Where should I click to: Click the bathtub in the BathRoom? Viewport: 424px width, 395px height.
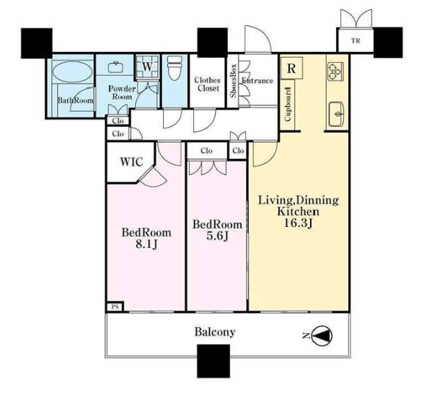pos(71,72)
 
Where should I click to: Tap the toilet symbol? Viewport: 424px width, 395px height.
pos(175,68)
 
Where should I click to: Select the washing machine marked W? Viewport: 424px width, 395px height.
pos(147,67)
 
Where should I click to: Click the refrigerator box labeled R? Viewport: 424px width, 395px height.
pos(291,68)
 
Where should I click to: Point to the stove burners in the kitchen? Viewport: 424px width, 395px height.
pos(335,71)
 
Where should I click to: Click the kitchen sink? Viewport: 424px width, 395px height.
pos(336,115)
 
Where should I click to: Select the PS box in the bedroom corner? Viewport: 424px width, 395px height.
pos(115,307)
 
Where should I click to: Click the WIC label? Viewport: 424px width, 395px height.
pos(132,161)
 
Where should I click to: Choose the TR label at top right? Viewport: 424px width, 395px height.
pos(355,41)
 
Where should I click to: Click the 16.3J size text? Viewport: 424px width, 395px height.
pos(299,223)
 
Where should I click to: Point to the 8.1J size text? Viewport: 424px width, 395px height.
pos(146,244)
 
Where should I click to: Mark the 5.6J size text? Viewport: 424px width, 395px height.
pos(217,236)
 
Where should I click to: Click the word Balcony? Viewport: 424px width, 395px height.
pos(215,332)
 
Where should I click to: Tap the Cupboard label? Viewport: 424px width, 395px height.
pos(288,104)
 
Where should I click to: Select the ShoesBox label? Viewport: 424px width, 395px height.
pos(234,81)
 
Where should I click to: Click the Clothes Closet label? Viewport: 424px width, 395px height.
pos(208,84)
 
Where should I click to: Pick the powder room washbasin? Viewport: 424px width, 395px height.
pos(115,67)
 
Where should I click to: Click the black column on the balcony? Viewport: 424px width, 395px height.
pos(213,361)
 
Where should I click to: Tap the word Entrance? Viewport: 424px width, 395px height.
pos(257,81)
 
